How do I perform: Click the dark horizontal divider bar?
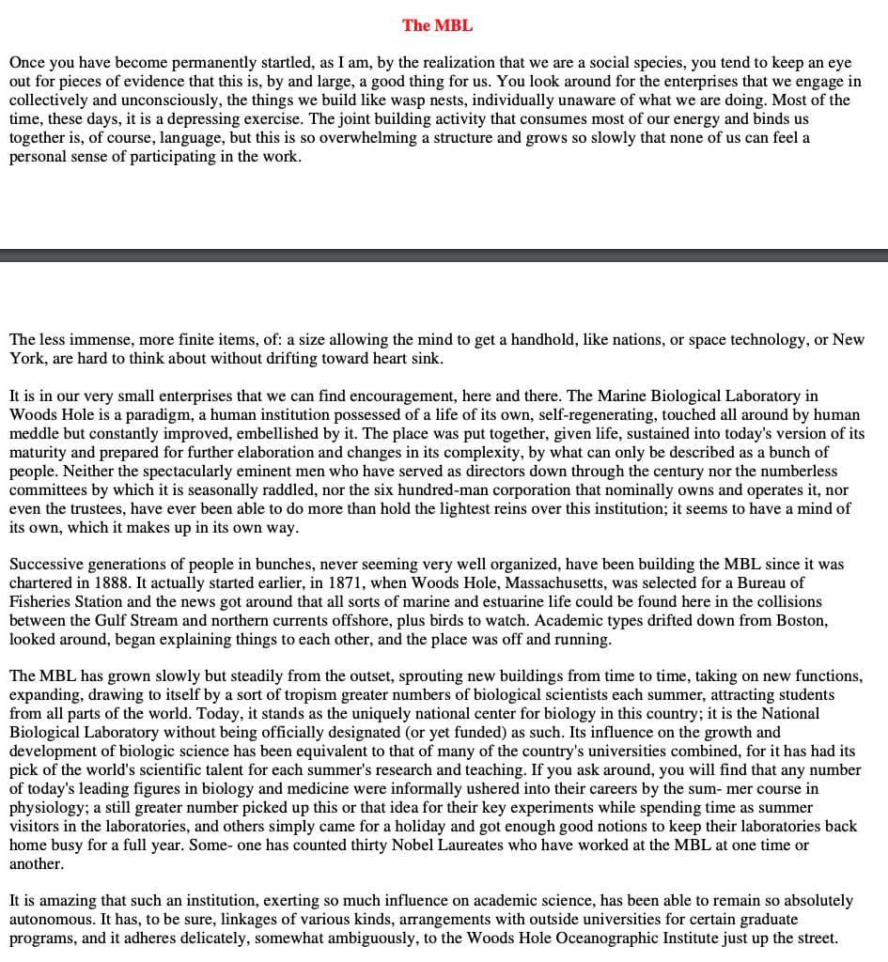click(444, 255)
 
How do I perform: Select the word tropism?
click(310, 694)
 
